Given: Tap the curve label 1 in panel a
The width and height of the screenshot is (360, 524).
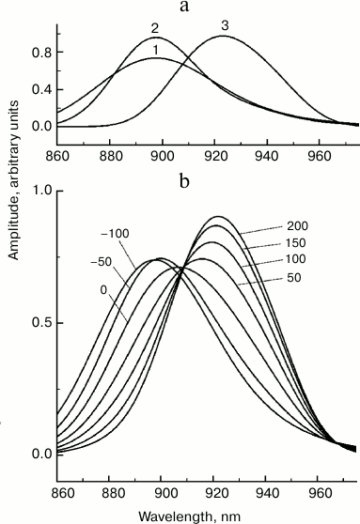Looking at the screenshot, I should (x=154, y=49).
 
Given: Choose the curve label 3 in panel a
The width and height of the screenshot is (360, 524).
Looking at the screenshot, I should (x=225, y=26).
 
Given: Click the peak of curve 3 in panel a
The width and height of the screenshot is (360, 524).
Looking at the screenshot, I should (x=225, y=37).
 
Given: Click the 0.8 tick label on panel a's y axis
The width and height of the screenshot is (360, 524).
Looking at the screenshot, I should (x=41, y=54).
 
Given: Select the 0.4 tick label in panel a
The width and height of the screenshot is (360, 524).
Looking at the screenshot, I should (x=41, y=89).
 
